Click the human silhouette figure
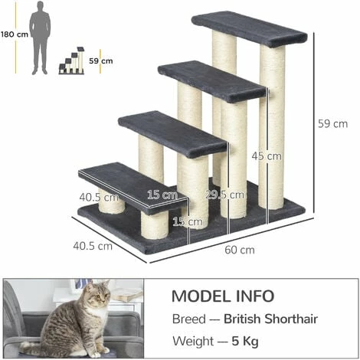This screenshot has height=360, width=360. pyautogui.click(x=39, y=38)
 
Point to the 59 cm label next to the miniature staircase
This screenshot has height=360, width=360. pyautogui.click(x=100, y=61)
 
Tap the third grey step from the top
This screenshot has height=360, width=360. pyautogui.click(x=171, y=133)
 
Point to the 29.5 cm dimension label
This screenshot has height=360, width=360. pyautogui.click(x=220, y=195)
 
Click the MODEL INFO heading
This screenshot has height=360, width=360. pyautogui.click(x=222, y=296)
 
